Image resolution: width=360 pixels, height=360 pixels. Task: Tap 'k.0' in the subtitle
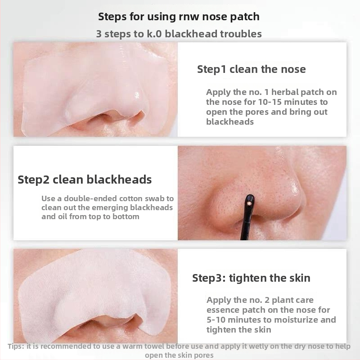click(x=154, y=34)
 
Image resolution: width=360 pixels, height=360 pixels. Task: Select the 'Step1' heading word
click(x=211, y=70)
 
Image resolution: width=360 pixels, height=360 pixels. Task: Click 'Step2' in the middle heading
click(x=33, y=180)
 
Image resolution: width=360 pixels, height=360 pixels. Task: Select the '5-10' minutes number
click(x=216, y=320)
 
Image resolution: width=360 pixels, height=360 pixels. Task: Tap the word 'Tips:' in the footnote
click(x=16, y=346)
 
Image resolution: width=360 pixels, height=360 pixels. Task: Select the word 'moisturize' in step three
click(x=296, y=320)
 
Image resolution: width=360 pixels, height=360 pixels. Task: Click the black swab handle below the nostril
click(x=246, y=225)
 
